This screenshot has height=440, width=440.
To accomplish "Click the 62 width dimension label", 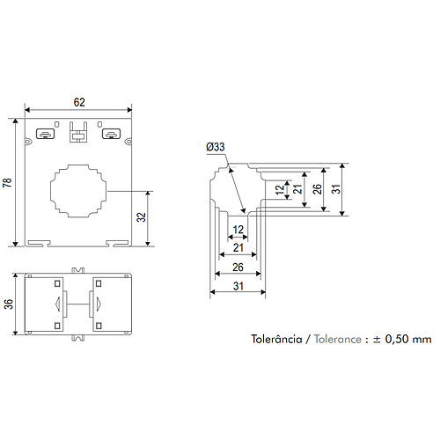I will (x=79, y=101).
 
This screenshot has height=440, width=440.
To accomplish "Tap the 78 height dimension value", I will (x=9, y=182).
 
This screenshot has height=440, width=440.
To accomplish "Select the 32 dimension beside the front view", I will (x=141, y=217).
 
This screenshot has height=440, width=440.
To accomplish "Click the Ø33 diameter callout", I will (x=216, y=147).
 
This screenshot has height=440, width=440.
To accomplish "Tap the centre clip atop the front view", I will (x=77, y=132).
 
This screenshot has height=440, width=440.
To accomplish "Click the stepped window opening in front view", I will (x=78, y=190).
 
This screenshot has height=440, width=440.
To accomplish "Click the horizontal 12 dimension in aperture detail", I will (x=238, y=230).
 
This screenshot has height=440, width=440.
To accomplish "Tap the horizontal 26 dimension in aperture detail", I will (x=237, y=267).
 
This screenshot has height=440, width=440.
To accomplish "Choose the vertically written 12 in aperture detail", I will (x=280, y=189).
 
